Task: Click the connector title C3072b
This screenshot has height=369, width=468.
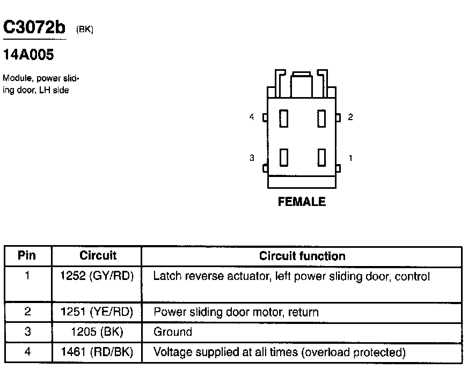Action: [34, 28]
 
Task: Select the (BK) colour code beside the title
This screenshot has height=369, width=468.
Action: [85, 30]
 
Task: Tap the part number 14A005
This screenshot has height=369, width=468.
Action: [28, 55]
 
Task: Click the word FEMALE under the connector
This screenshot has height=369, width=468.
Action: [302, 202]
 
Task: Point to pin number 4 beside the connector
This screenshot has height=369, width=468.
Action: [252, 117]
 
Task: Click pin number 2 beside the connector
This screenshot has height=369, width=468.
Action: [350, 117]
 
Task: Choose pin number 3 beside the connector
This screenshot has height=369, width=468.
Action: [252, 158]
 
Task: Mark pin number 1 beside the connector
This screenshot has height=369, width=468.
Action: [350, 158]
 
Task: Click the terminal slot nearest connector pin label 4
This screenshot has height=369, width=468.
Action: [284, 118]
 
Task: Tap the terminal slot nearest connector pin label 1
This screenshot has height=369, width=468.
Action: [322, 158]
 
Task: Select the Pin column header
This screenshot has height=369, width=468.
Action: [27, 256]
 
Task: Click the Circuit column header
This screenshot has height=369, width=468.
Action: [98, 256]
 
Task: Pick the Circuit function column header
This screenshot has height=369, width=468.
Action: [302, 256]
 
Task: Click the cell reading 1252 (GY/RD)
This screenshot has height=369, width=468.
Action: [97, 277]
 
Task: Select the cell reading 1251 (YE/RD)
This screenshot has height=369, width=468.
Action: [97, 312]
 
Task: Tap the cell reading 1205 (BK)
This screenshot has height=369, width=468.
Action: [97, 332]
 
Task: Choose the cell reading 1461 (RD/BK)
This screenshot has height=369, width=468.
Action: [97, 352]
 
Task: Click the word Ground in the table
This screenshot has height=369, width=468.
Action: [173, 332]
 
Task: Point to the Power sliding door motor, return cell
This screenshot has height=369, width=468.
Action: [236, 312]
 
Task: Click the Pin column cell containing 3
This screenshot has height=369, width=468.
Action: [27, 332]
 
